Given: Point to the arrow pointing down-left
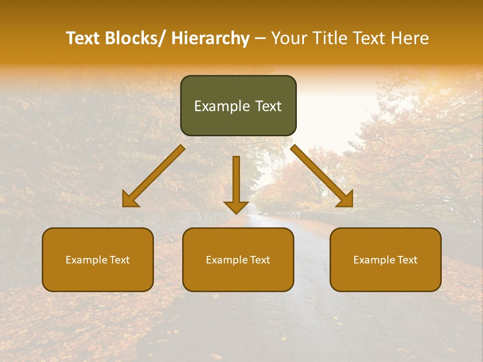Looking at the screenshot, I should (x=153, y=176).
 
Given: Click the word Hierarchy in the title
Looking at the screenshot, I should (x=210, y=38).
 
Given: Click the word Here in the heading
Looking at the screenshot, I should (x=410, y=38).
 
